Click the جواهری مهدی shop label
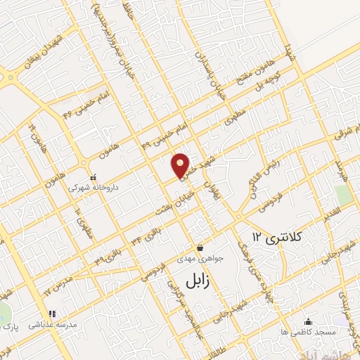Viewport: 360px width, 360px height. (x=200, y=259)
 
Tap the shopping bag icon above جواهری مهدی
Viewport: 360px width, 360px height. (x=200, y=247)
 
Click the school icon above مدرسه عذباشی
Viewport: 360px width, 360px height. (x=51, y=314)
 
